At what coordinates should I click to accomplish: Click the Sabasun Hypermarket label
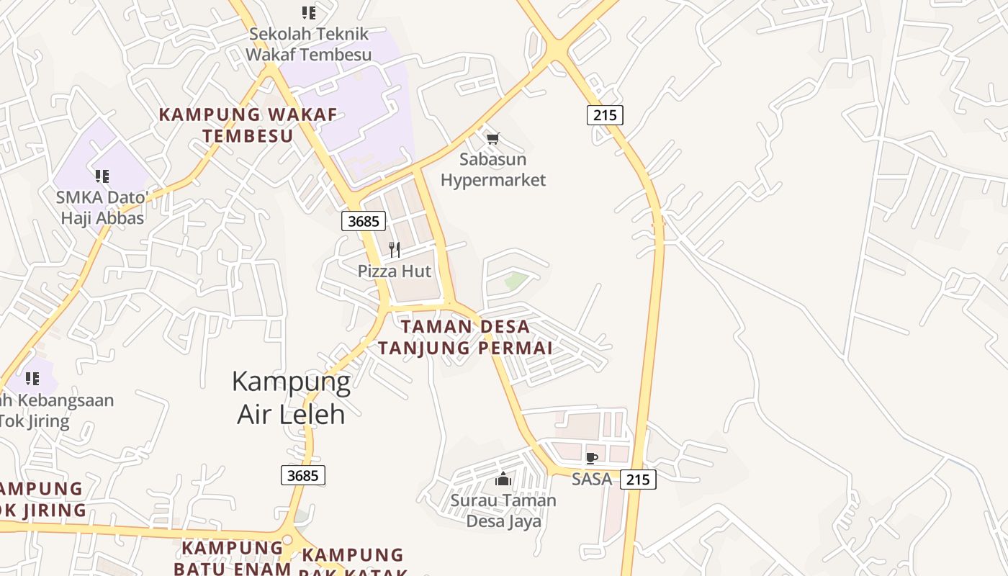click(493, 170)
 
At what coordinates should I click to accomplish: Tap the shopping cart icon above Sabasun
click(492, 138)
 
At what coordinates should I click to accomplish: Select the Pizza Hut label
click(395, 271)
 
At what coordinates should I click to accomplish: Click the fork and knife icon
click(395, 250)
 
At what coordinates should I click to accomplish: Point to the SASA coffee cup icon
click(592, 458)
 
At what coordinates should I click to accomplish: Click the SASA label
click(592, 479)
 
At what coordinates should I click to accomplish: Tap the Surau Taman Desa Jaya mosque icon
click(503, 478)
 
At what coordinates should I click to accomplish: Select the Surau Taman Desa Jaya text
click(503, 510)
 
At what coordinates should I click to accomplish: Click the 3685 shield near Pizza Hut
click(364, 221)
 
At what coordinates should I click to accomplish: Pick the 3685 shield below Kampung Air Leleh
click(302, 475)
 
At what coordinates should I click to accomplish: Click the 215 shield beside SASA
click(638, 480)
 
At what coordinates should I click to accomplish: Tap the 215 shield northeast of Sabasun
click(605, 114)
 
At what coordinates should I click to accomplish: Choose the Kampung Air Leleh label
click(291, 397)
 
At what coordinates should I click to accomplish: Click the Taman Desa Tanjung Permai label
click(465, 337)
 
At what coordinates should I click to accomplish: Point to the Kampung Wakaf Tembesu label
click(248, 125)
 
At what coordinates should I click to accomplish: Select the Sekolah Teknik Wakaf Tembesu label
click(308, 44)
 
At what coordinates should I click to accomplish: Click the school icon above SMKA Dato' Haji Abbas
click(102, 176)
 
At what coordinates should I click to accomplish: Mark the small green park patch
click(516, 281)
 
